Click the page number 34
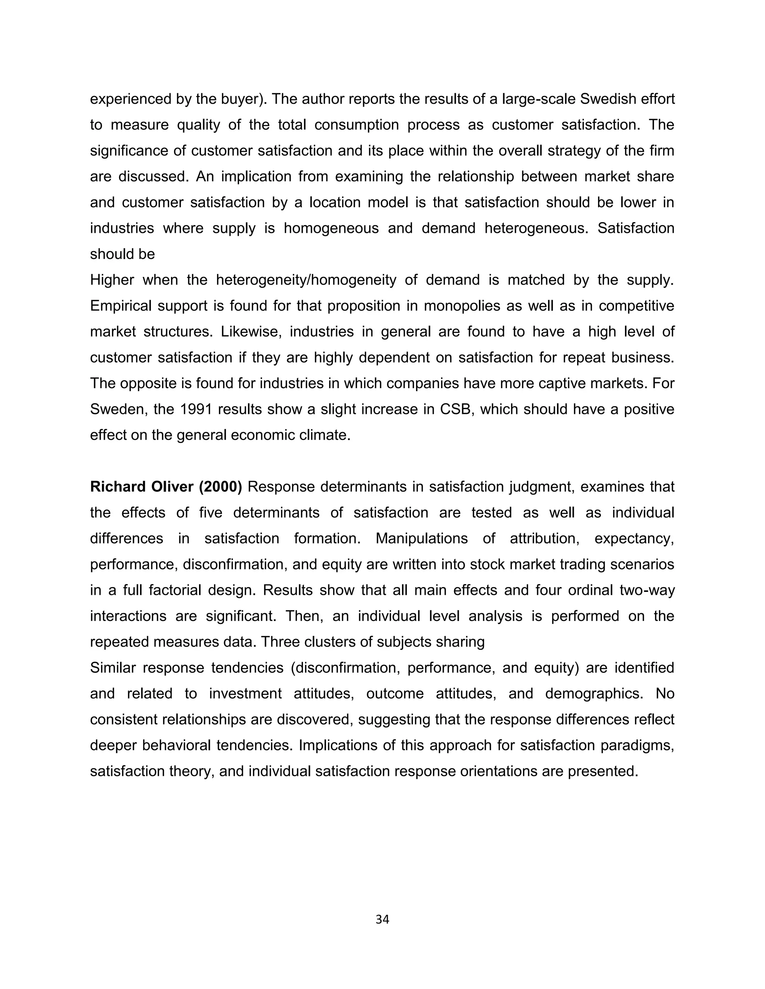click(382, 919)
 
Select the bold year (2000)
click(220, 487)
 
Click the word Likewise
click(251, 332)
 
